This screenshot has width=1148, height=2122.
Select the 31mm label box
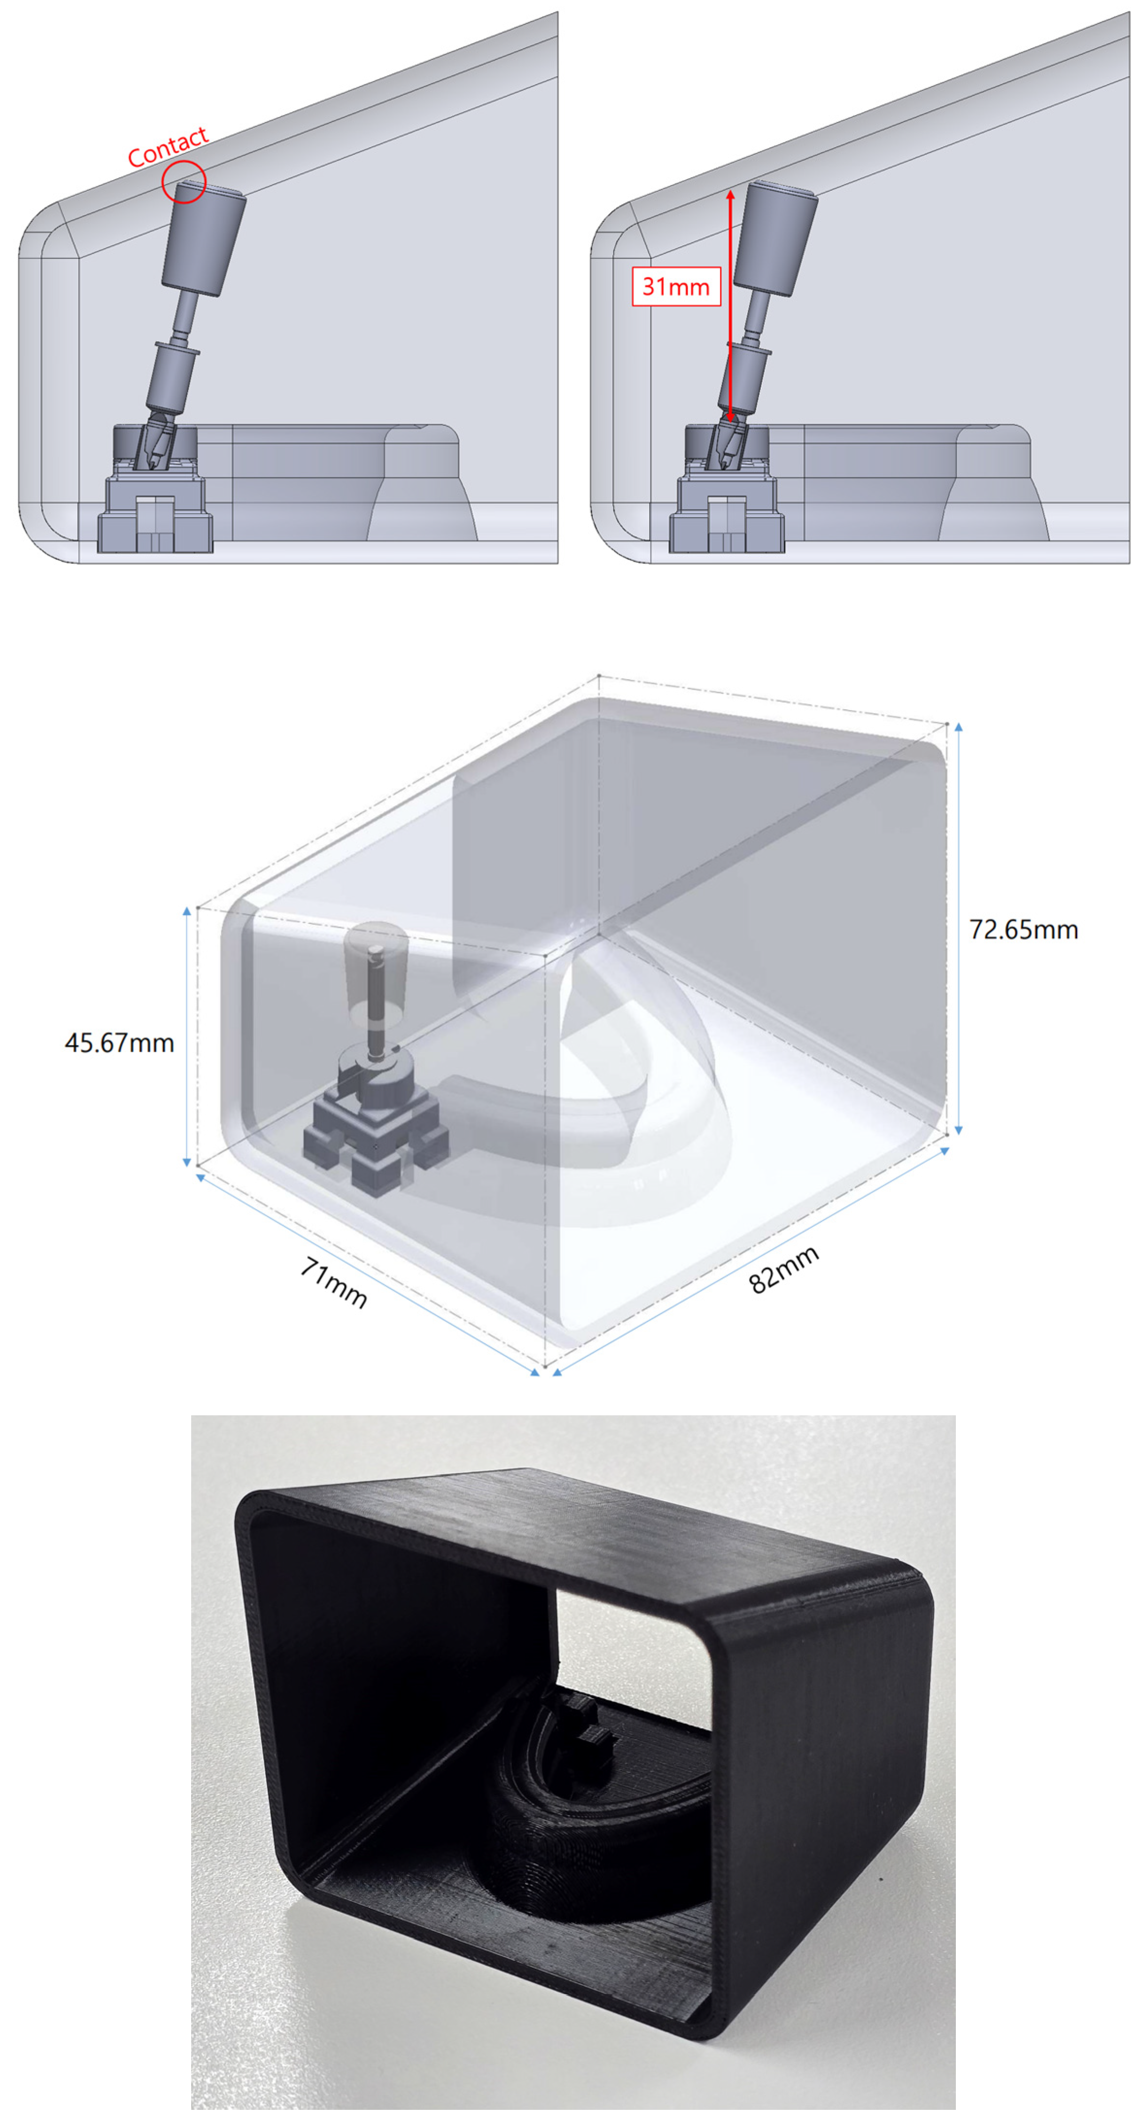(x=676, y=287)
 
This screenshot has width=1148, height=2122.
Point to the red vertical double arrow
(x=730, y=305)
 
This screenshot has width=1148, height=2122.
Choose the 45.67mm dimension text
(x=119, y=1043)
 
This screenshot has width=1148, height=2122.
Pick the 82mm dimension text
(x=784, y=1269)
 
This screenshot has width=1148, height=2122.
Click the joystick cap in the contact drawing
(x=203, y=238)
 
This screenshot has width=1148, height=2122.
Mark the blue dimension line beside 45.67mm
(x=187, y=1036)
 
